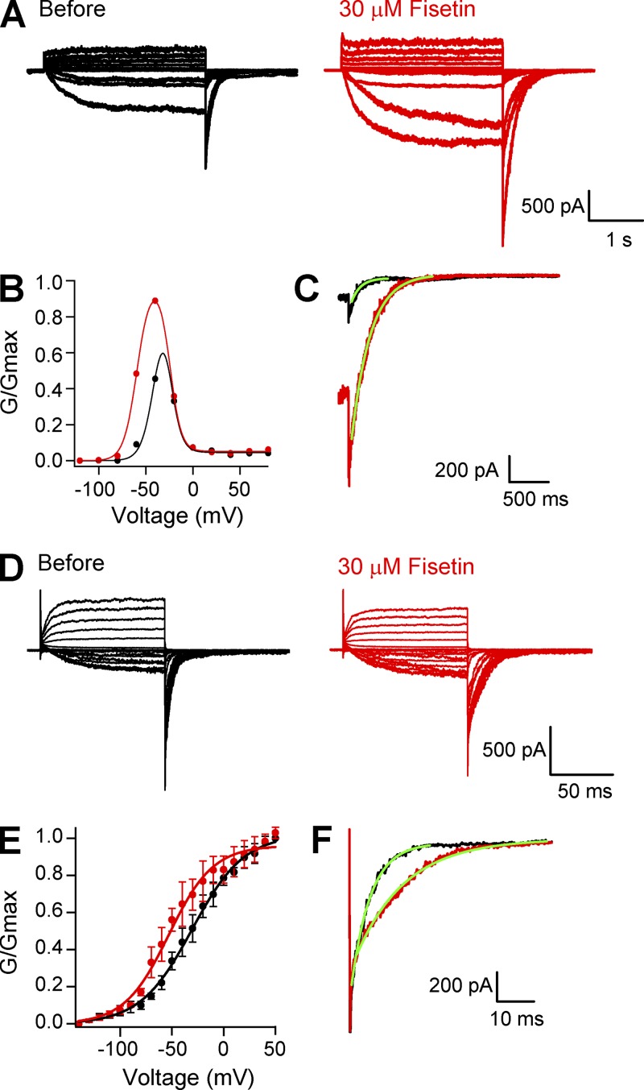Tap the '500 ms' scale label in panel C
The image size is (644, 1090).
tap(536, 499)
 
